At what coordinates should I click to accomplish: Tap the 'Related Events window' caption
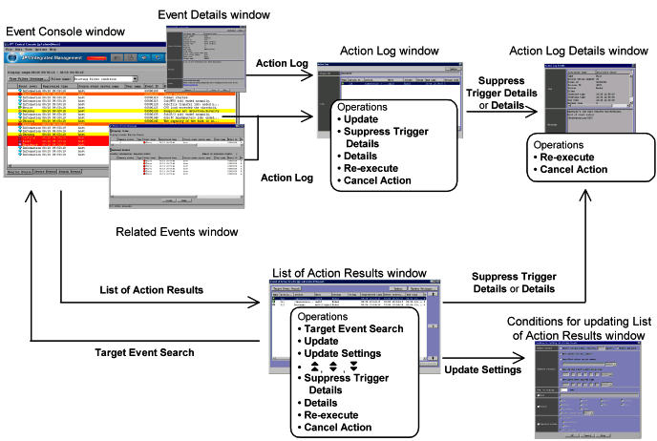click(x=171, y=232)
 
